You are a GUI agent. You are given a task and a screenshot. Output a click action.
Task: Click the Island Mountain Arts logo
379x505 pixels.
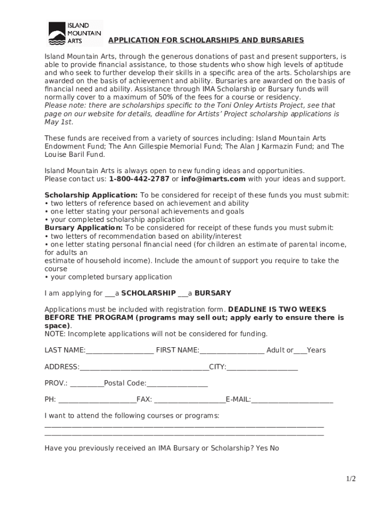74,33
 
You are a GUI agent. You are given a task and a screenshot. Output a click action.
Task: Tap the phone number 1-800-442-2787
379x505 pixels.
139,179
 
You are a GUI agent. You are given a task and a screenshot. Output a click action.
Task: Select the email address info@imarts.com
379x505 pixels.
213,179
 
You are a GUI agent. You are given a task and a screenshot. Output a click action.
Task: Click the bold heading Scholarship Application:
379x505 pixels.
91,195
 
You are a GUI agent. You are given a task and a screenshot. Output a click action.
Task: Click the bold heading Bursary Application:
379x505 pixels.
84,228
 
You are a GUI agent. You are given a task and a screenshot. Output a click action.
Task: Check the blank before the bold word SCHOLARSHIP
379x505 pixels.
110,293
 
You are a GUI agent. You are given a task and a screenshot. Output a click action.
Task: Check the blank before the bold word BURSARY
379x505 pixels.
183,293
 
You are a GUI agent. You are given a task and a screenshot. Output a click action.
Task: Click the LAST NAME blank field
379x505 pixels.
120,351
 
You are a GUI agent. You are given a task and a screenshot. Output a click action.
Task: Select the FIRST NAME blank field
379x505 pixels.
232,351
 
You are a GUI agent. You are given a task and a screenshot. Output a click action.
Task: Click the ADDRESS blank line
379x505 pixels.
144,367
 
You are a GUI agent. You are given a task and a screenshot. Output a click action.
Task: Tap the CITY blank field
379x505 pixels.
262,367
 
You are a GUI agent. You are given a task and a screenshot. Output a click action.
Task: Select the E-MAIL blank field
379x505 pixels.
292,400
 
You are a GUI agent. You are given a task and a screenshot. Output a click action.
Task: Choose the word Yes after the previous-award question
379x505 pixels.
262,448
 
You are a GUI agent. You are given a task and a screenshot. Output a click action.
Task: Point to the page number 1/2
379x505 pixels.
350,479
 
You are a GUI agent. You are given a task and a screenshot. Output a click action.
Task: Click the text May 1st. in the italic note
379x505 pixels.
59,122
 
